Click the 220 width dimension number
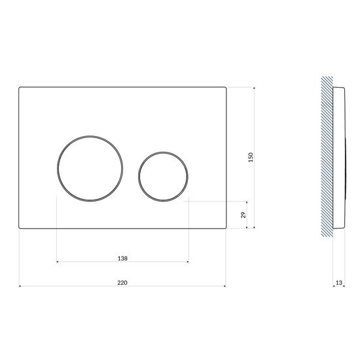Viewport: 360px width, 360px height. (122, 283)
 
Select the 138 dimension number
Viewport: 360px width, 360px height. (122, 259)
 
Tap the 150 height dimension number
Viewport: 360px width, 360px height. (251, 157)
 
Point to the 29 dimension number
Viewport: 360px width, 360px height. (243, 215)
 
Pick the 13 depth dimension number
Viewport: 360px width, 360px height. (339, 283)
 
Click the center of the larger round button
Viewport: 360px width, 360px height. (90, 168)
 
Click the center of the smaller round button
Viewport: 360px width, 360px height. (163, 177)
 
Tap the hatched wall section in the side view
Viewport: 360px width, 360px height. (327, 157)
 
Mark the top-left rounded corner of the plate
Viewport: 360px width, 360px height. (19, 88)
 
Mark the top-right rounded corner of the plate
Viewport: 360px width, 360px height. (226, 88)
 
